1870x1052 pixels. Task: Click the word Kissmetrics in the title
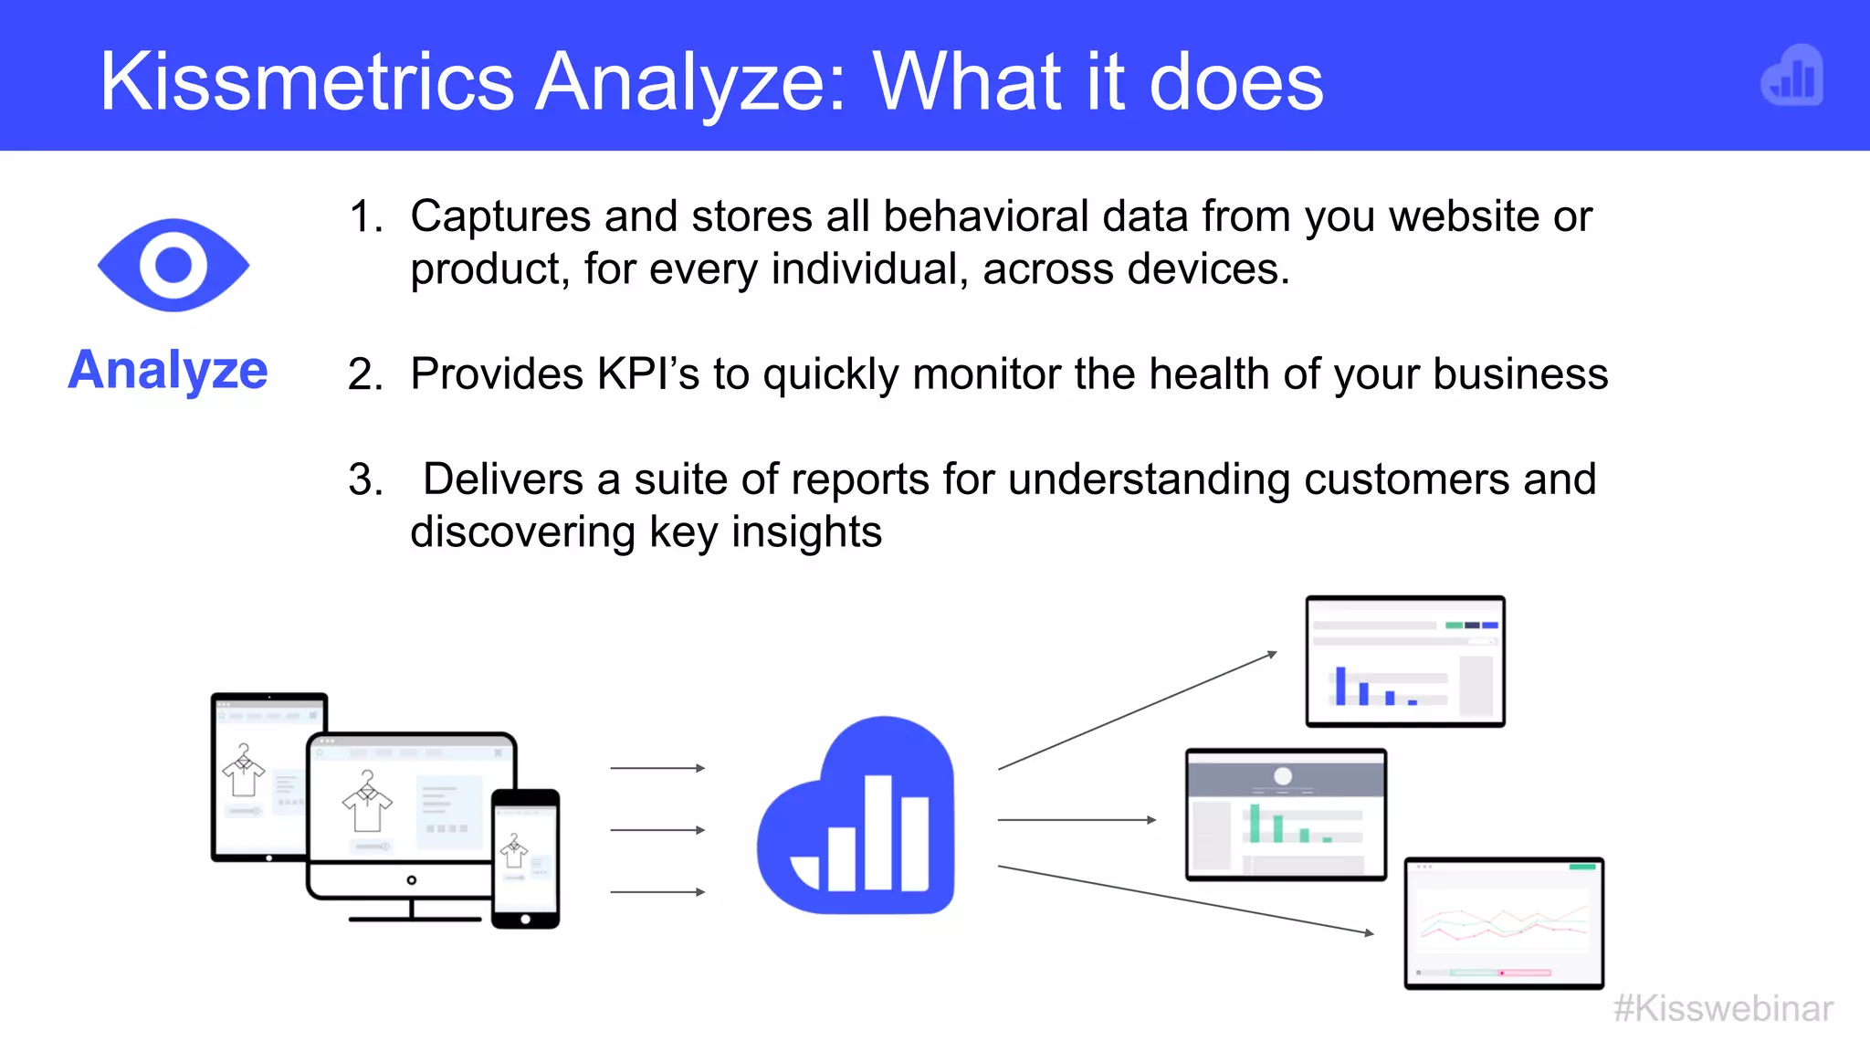(307, 82)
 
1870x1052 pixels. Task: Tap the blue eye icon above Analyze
(173, 265)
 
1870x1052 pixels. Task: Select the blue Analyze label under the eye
(168, 370)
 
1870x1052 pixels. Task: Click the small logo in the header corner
(1791, 76)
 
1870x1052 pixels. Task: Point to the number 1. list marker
(365, 217)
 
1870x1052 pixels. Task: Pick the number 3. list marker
(365, 480)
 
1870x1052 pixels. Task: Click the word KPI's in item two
(647, 374)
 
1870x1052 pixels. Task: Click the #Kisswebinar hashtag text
(1723, 1009)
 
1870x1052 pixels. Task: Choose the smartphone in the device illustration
(525, 858)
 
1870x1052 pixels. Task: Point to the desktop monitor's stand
(414, 911)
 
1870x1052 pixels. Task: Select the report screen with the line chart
(1504, 922)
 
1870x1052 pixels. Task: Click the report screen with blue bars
(1404, 661)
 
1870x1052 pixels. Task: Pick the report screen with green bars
(1286, 814)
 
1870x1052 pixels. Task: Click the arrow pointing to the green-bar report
(1077, 820)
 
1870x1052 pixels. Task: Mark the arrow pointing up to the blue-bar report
(1137, 711)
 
